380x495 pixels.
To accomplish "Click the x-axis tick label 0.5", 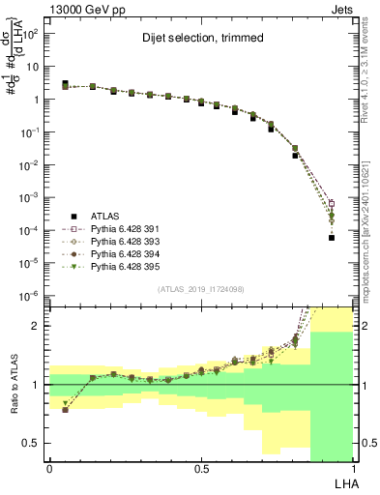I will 200,469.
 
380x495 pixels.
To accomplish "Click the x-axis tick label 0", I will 49,469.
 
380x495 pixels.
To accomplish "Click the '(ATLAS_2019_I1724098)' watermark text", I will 200,288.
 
